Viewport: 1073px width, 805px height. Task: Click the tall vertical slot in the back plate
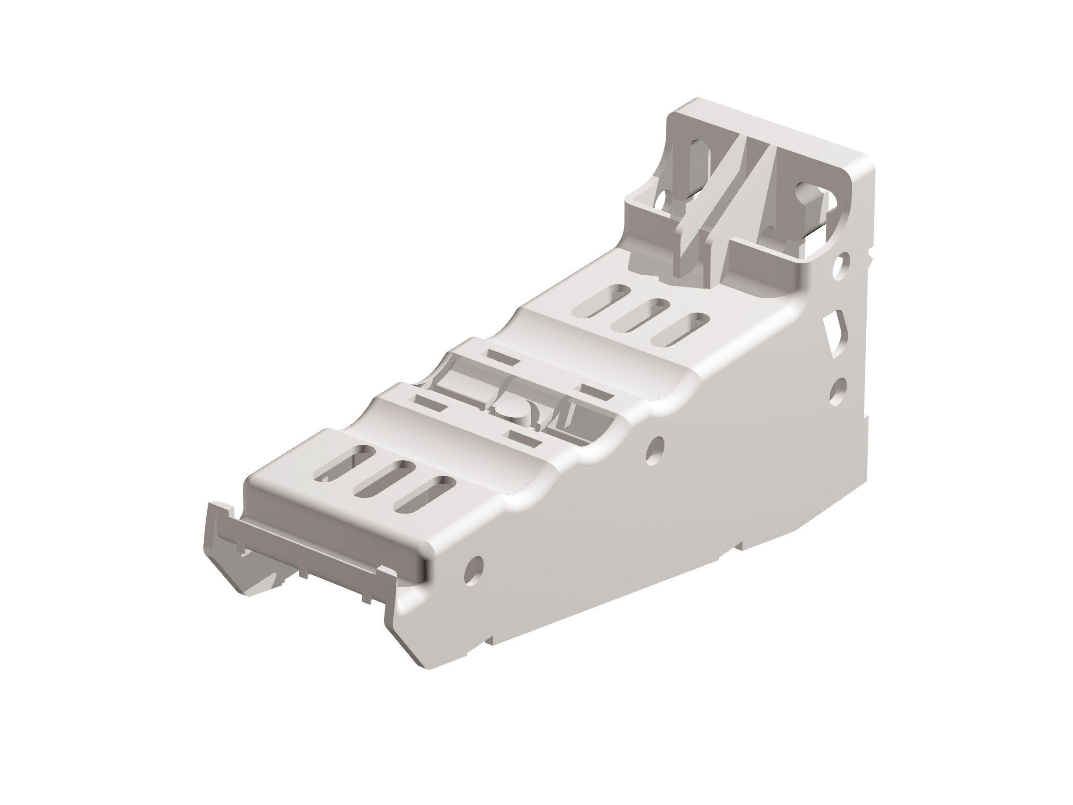[x=699, y=160]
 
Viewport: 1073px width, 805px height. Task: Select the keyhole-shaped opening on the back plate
[x=809, y=199]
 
